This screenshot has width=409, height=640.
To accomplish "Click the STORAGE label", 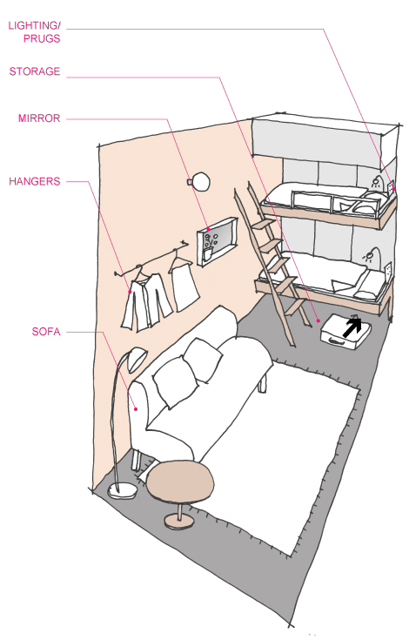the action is (x=35, y=71).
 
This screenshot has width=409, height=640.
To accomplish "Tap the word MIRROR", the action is (x=39, y=118).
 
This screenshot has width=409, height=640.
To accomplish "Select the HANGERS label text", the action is (x=35, y=181).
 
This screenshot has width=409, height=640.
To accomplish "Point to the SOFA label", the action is (x=46, y=332).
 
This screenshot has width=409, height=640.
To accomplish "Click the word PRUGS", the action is (x=42, y=39).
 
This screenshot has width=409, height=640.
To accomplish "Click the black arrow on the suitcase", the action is (x=352, y=327).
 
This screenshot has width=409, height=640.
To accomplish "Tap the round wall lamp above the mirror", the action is (x=200, y=181).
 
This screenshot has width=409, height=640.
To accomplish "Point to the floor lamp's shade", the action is (x=137, y=359).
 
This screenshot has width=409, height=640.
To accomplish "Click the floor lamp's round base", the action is (x=122, y=490).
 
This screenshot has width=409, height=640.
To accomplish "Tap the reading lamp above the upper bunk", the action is (x=377, y=183).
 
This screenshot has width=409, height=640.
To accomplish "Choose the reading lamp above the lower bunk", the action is (x=370, y=254).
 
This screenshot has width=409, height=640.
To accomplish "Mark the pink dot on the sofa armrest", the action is (x=137, y=409).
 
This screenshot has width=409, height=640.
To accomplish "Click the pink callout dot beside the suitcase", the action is (x=318, y=321).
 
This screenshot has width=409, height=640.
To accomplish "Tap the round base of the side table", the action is (x=179, y=522).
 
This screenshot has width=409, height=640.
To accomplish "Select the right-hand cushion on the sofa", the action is (x=203, y=360).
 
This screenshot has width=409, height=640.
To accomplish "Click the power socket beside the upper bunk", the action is (x=391, y=186).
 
